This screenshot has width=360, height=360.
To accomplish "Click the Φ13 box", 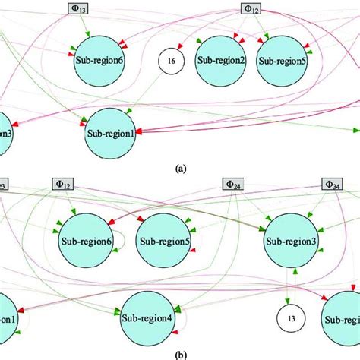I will pyautogui.click(x=78, y=8).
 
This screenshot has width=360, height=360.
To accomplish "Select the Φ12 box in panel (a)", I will pyautogui.click(x=252, y=8).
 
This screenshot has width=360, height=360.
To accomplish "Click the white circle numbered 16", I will pyautogui.click(x=172, y=61).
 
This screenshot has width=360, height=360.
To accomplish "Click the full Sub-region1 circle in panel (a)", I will pyautogui.click(x=112, y=134).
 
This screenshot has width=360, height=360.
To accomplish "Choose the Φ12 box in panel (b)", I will pyautogui.click(x=64, y=184).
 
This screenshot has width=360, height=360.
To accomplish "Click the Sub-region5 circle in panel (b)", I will pyautogui.click(x=163, y=240).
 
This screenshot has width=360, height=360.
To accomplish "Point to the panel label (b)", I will pyautogui.click(x=180, y=352).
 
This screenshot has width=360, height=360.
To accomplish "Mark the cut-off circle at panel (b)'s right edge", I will pyautogui.click(x=344, y=319).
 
